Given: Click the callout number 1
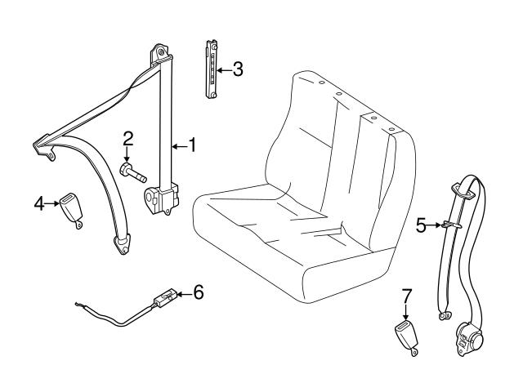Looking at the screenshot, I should pyautogui.click(x=193, y=145).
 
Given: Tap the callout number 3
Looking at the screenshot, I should pyautogui.click(x=237, y=70).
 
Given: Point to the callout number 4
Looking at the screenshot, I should pyautogui.click(x=39, y=202).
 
